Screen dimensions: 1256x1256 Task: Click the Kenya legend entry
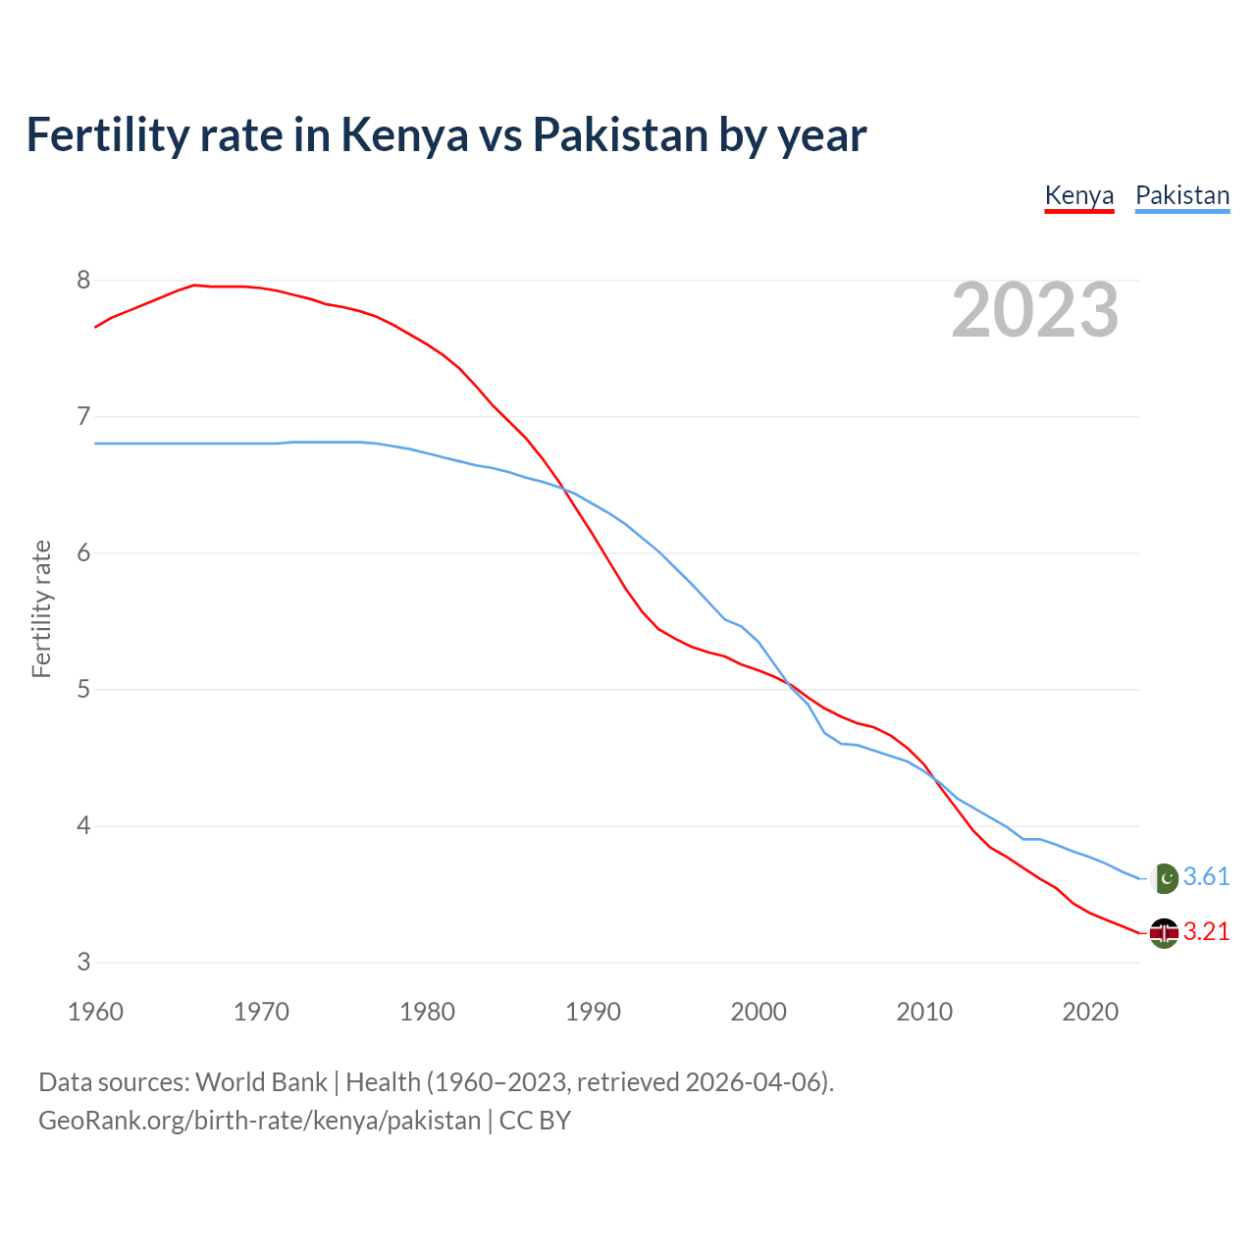pyautogui.click(x=1079, y=195)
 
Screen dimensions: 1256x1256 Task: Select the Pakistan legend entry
pyautogui.click(x=1181, y=195)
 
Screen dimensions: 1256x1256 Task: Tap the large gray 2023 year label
pyautogui.click(x=1035, y=310)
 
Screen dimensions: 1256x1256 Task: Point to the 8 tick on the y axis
pyautogui.click(x=83, y=281)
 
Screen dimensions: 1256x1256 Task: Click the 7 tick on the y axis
pyautogui.click(x=83, y=417)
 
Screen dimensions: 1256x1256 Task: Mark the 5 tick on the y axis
pyautogui.click(x=83, y=690)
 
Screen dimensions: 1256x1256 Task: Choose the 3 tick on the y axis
pyautogui.click(x=83, y=963)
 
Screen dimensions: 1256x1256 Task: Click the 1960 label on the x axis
pyautogui.click(x=95, y=1012)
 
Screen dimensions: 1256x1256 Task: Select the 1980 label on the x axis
pyautogui.click(x=427, y=1012)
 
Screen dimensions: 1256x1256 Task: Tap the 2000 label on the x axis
pyautogui.click(x=759, y=1012)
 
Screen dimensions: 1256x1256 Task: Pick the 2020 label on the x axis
pyautogui.click(x=1090, y=1012)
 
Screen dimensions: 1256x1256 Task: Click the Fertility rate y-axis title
pyautogui.click(x=41, y=608)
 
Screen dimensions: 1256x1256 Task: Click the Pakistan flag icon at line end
pyautogui.click(x=1164, y=877)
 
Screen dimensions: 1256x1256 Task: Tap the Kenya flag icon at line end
pyautogui.click(x=1164, y=932)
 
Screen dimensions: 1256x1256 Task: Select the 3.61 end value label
pyautogui.click(x=1206, y=877)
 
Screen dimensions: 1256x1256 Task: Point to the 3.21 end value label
pyautogui.click(x=1206, y=932)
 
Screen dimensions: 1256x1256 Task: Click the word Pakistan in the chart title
pyautogui.click(x=620, y=135)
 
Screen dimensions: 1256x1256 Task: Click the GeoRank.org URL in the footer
pyautogui.click(x=260, y=1121)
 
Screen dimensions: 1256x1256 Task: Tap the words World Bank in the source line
pyautogui.click(x=261, y=1082)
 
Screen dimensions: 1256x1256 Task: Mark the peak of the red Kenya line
pyautogui.click(x=194, y=285)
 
